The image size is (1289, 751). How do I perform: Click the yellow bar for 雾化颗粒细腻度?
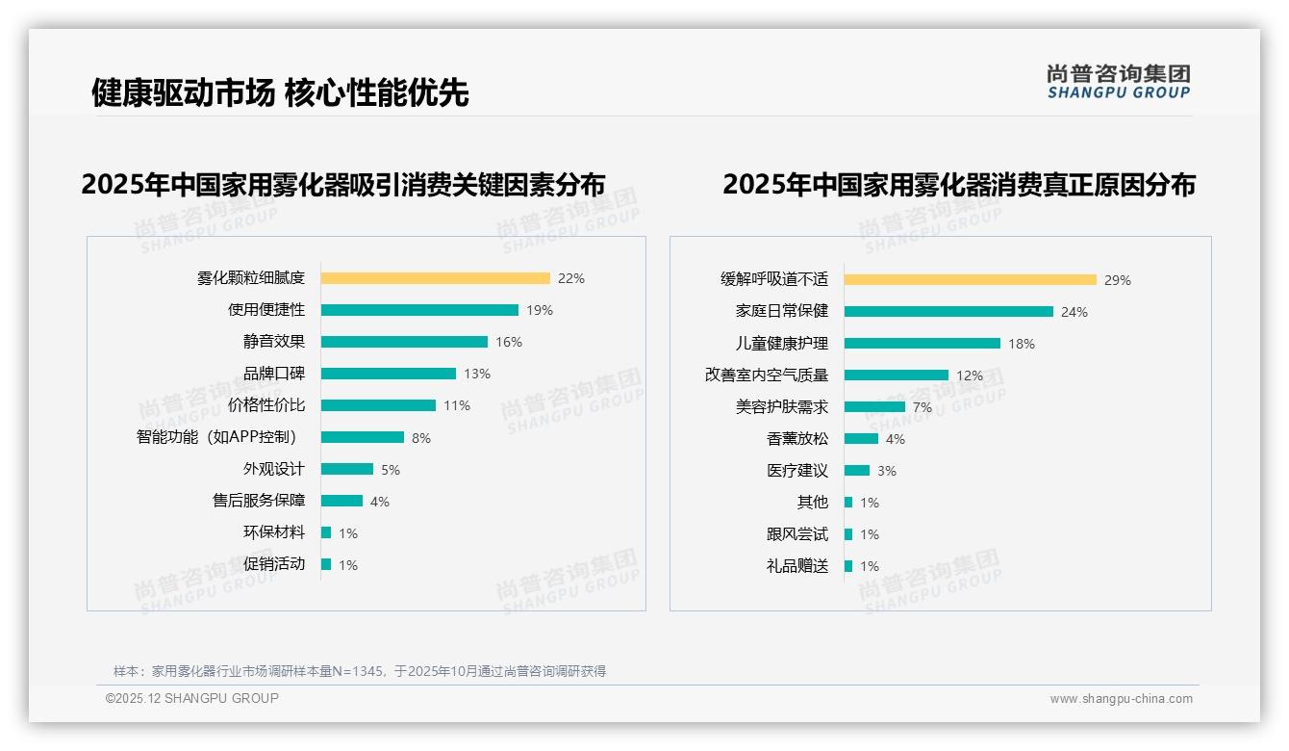[x=435, y=278]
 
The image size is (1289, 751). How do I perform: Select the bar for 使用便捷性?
[x=419, y=310]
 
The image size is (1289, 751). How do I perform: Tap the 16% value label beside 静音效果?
[x=509, y=342]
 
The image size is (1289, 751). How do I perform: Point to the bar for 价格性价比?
[x=378, y=405]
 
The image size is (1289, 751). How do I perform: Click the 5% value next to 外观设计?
[x=390, y=470]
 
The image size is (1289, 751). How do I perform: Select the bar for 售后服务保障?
[x=341, y=501]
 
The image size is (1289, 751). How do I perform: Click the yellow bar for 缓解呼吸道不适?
[x=970, y=280]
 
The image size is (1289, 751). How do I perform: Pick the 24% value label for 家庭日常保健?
[x=1074, y=312]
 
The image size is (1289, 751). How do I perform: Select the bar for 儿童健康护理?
[x=922, y=344]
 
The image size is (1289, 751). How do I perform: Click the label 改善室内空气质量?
[x=766, y=375]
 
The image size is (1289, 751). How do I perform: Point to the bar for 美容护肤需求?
[x=874, y=406]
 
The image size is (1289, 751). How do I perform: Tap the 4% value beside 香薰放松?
[x=895, y=439]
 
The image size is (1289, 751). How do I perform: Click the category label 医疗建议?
[x=796, y=471]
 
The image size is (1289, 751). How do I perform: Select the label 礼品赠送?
[x=796, y=566]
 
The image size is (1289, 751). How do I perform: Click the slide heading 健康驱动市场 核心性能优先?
[x=280, y=92]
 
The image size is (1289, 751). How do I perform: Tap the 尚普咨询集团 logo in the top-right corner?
[x=1118, y=81]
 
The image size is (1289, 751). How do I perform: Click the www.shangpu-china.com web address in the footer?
[x=1121, y=699]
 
